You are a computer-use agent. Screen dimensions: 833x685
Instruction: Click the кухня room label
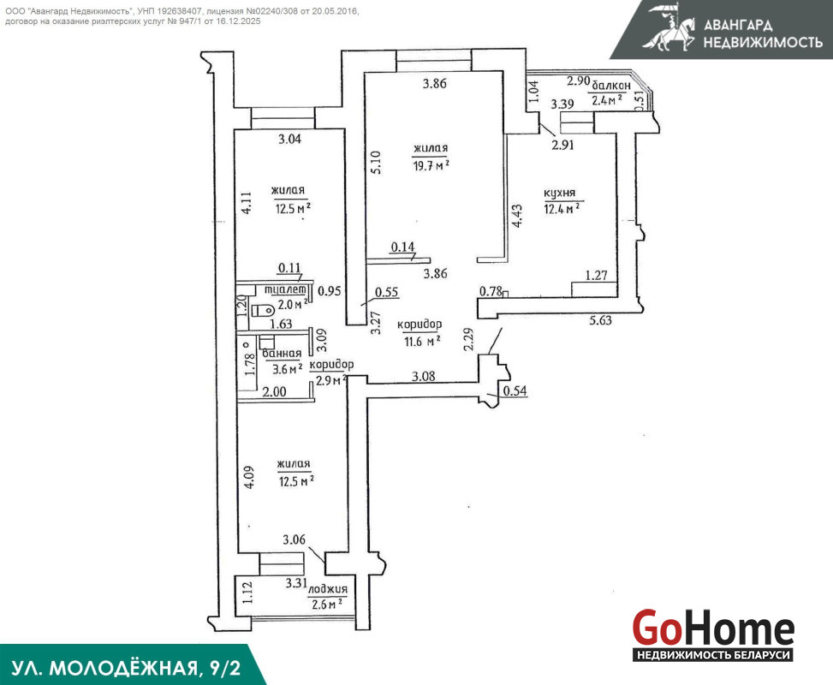point(559,194)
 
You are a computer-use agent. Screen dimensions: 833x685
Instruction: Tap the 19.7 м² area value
point(431,165)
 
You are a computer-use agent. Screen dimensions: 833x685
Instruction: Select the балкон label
point(611,85)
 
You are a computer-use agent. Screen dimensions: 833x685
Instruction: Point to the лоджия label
point(328,589)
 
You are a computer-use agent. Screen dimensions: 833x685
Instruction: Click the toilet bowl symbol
point(262,310)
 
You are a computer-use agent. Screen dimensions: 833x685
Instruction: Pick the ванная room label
point(282,354)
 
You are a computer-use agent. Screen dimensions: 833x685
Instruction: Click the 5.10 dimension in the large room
point(376,163)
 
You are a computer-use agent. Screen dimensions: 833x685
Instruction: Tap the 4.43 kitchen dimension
point(516,217)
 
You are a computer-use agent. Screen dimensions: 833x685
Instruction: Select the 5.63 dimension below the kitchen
point(600,320)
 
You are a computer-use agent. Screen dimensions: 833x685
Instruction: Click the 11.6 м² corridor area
point(422,341)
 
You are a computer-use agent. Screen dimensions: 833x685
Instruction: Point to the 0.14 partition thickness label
point(402,247)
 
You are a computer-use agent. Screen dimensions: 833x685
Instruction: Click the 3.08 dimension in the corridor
point(424,376)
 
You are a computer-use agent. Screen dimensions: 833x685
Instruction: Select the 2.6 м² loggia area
point(327,605)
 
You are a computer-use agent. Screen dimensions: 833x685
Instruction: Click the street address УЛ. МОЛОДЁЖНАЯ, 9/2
point(126,668)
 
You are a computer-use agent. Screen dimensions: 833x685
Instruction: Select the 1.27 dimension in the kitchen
point(596,275)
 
